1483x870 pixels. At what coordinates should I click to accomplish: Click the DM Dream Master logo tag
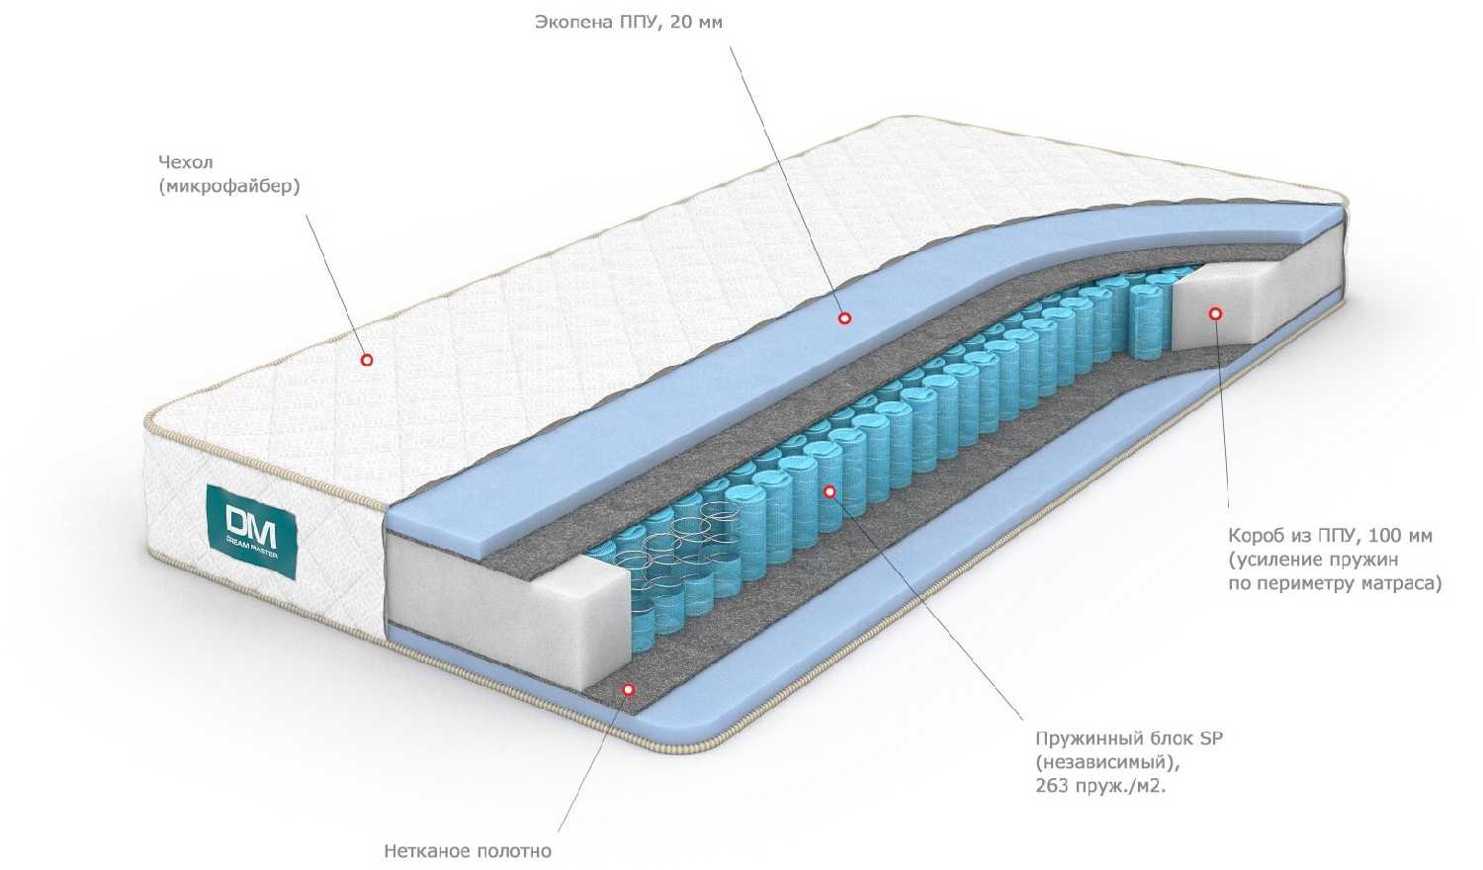coord(251,531)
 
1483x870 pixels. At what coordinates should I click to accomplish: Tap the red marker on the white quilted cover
coord(367,360)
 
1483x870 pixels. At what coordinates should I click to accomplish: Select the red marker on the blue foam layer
coord(844,318)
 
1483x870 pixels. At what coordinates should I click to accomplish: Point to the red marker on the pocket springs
coord(829,491)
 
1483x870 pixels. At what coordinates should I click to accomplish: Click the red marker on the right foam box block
coord(1215,313)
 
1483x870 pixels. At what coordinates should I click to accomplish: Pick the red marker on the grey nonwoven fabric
coord(628,690)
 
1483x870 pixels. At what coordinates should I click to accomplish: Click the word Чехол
coord(186,162)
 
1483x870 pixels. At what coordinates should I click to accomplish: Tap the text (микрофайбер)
coord(229,188)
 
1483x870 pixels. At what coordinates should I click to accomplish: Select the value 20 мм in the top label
coord(696,23)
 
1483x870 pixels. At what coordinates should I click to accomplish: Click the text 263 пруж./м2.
coord(1100,787)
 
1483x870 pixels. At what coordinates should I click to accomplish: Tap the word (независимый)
coord(1108,763)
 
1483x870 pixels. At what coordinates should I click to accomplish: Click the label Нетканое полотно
coord(468,851)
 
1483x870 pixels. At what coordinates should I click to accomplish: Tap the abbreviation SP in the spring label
coord(1211,739)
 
